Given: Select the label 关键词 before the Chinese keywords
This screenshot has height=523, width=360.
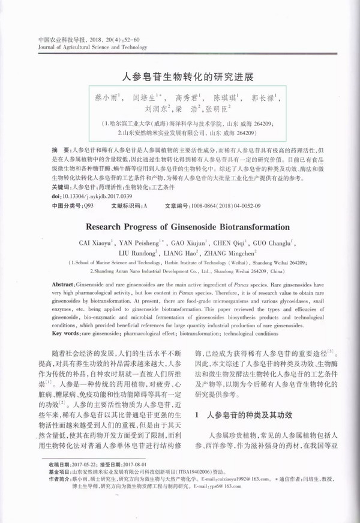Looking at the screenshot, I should coord(62,187).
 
